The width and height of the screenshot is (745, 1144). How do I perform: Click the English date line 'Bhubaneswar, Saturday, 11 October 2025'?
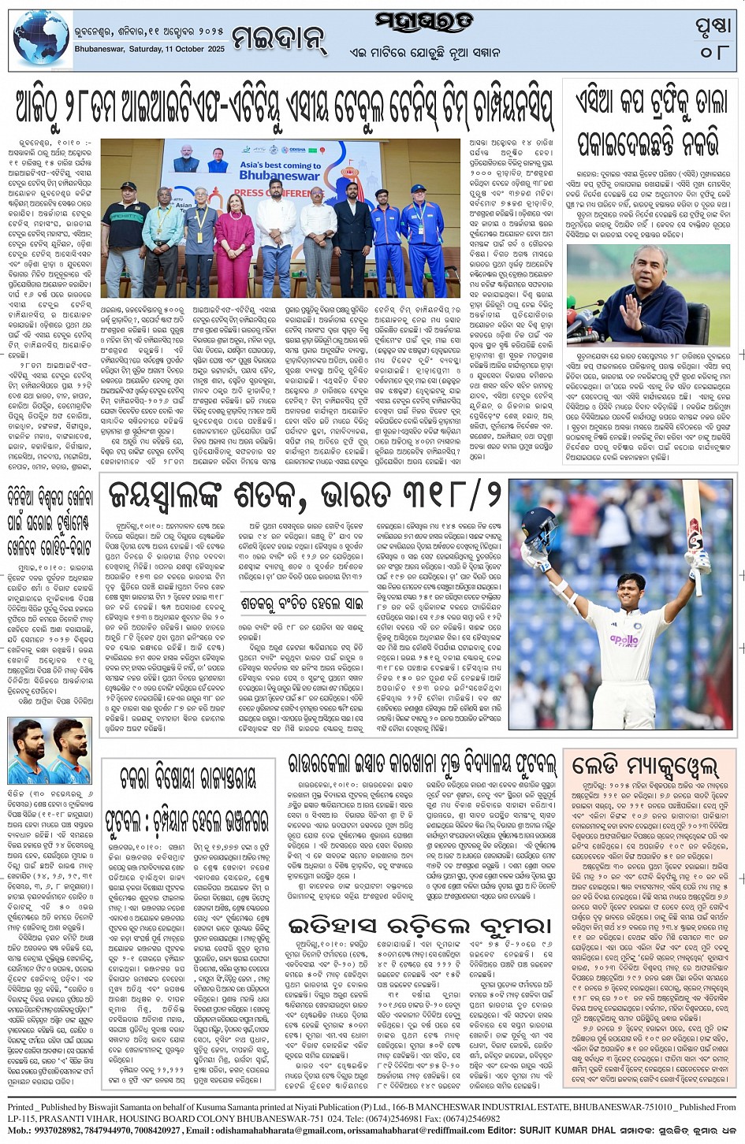click(150, 49)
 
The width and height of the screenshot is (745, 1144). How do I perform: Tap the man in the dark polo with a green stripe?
click(125, 236)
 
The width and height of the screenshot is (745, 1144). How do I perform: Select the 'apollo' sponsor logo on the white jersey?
click(624, 640)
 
